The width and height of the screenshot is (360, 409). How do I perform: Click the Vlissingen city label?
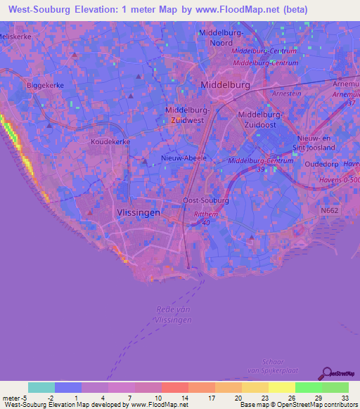point(137,212)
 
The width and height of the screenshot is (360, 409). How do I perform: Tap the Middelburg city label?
point(225,84)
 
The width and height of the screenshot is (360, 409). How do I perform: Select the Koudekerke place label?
point(110,141)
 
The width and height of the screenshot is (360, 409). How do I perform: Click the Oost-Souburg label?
point(205,200)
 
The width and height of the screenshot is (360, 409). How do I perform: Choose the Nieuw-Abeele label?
point(184,158)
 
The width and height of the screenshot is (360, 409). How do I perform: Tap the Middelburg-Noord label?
point(221,37)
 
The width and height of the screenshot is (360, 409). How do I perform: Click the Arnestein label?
point(286,93)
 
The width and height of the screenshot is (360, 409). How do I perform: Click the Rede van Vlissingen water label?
point(172,314)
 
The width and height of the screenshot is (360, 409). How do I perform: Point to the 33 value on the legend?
point(345,398)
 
